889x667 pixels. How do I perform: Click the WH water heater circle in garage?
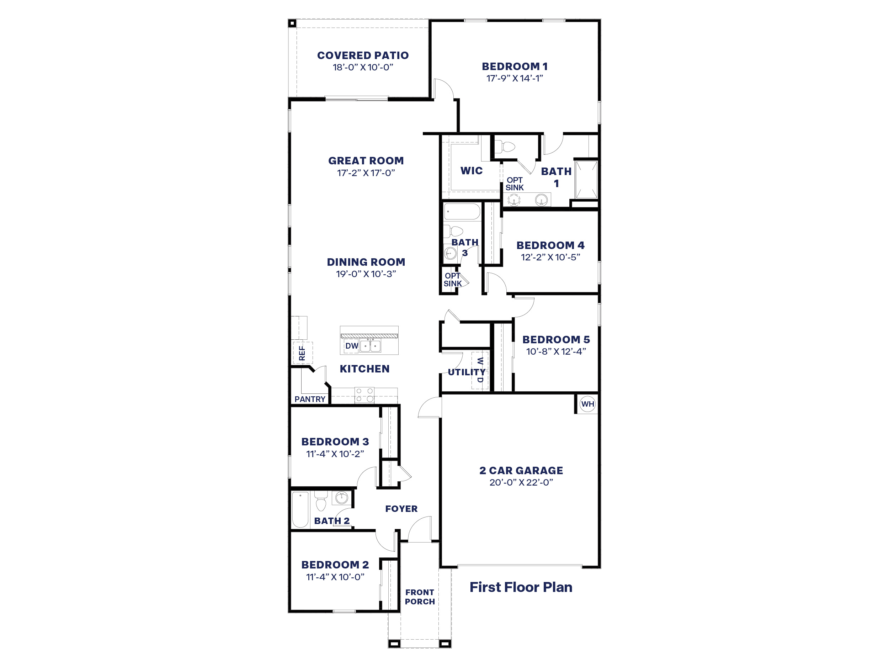[x=587, y=404]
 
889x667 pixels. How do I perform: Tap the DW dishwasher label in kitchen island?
[x=351, y=346]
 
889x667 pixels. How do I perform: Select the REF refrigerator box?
[x=302, y=353]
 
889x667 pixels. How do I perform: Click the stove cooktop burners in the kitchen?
[x=364, y=395]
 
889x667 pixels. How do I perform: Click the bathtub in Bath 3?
[x=462, y=211]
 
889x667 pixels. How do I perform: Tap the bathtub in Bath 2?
[x=300, y=509]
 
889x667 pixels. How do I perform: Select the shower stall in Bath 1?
[x=586, y=180]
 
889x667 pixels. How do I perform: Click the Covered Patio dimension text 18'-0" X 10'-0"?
[x=362, y=68]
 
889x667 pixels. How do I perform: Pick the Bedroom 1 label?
[x=515, y=66]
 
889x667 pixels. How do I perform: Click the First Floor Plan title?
[x=521, y=587]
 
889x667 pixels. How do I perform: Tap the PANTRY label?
[x=309, y=399]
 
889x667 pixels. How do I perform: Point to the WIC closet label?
[x=472, y=171]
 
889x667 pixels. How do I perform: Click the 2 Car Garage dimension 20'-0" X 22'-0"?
[x=521, y=482]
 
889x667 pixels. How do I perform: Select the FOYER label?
[x=401, y=509]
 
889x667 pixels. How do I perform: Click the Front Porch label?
[x=420, y=597]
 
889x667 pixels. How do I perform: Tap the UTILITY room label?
[x=466, y=372]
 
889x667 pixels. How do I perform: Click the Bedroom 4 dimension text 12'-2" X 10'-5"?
[x=550, y=257]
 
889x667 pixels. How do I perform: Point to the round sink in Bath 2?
[x=341, y=498]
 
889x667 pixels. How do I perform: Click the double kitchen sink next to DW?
[x=370, y=346]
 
